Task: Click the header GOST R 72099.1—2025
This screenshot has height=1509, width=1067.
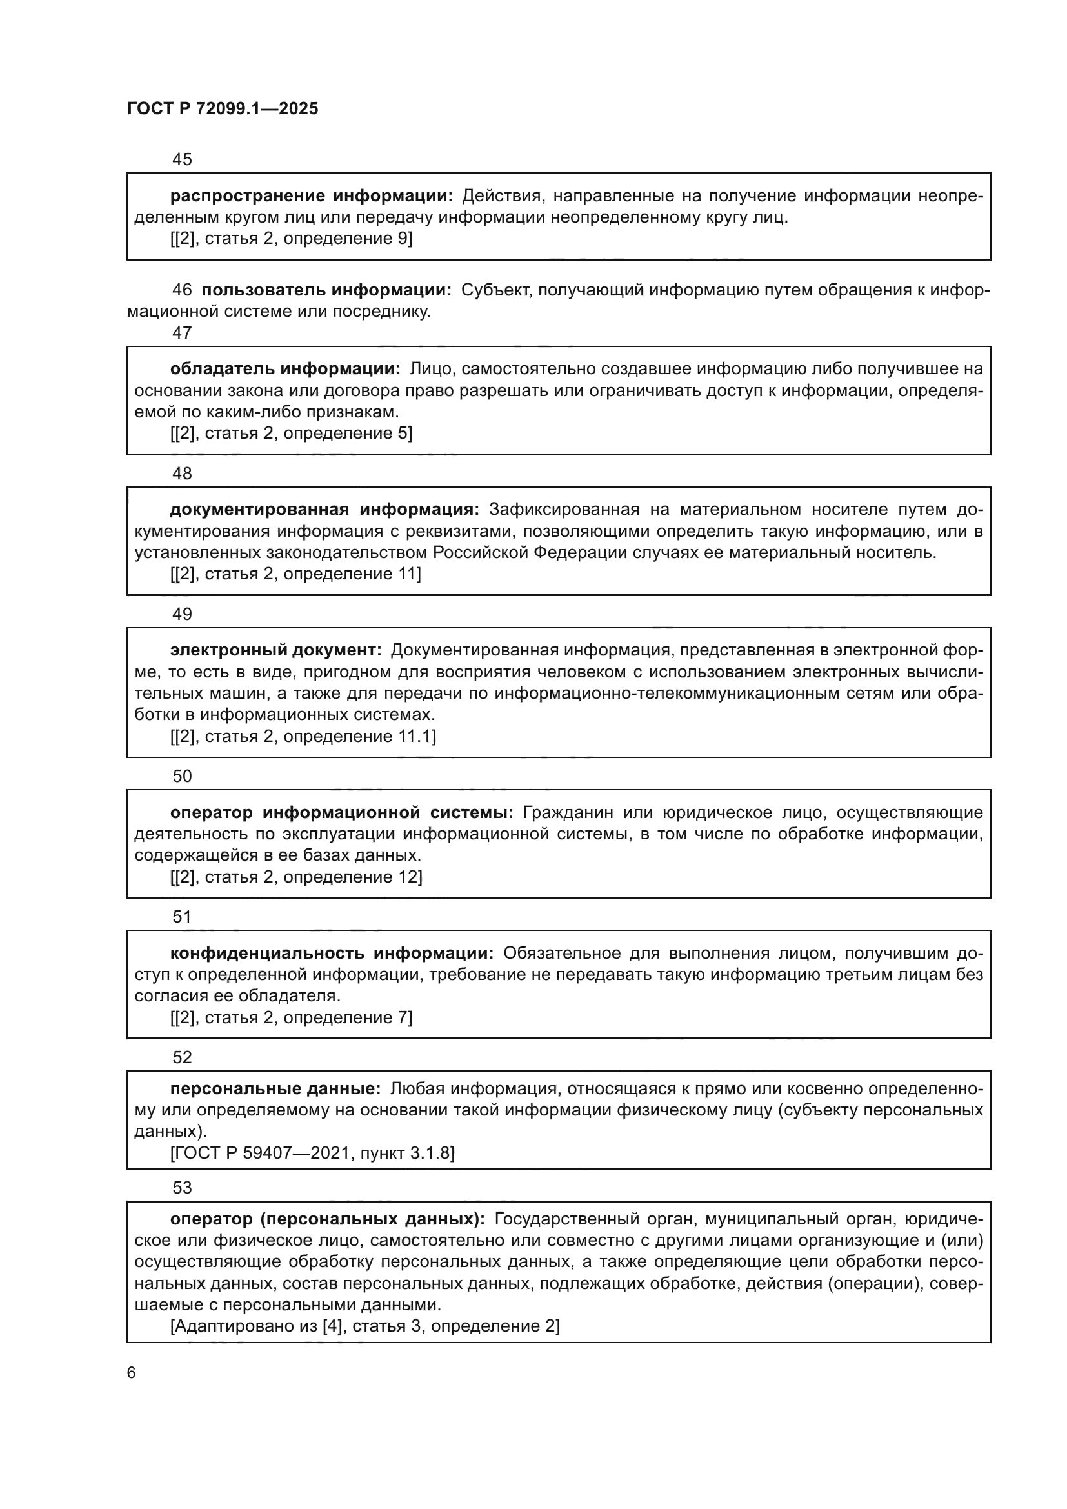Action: [x=222, y=108]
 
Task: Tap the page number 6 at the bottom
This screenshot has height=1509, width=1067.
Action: [x=132, y=1372]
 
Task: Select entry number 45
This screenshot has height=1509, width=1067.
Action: [x=182, y=159]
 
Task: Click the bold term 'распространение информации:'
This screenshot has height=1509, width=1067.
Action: [x=312, y=196]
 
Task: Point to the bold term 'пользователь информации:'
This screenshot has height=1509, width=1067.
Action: [x=326, y=290]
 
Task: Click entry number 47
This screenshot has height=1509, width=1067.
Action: [x=182, y=332]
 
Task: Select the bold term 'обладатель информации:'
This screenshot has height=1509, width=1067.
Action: [x=285, y=370]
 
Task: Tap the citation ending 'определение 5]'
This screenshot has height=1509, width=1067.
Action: [x=291, y=433]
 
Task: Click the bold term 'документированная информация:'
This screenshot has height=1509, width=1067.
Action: [x=324, y=510]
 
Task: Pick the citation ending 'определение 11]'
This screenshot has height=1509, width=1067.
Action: [x=295, y=574]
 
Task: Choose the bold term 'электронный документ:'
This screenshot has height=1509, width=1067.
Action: [x=276, y=651]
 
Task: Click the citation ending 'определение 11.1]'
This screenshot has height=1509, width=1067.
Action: [x=303, y=736]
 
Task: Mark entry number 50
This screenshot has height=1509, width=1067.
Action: [x=182, y=776]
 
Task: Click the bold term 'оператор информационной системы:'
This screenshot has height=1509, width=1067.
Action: [x=342, y=813]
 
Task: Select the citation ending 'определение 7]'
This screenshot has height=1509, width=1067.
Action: [x=291, y=1017]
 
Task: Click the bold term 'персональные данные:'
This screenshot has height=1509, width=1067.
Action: [x=275, y=1089]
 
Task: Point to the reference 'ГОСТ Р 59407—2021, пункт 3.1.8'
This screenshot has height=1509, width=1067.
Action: [x=312, y=1153]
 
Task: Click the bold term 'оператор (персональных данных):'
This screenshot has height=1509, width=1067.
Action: [x=327, y=1219]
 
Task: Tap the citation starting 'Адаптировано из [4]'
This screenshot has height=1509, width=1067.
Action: [x=364, y=1326]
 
